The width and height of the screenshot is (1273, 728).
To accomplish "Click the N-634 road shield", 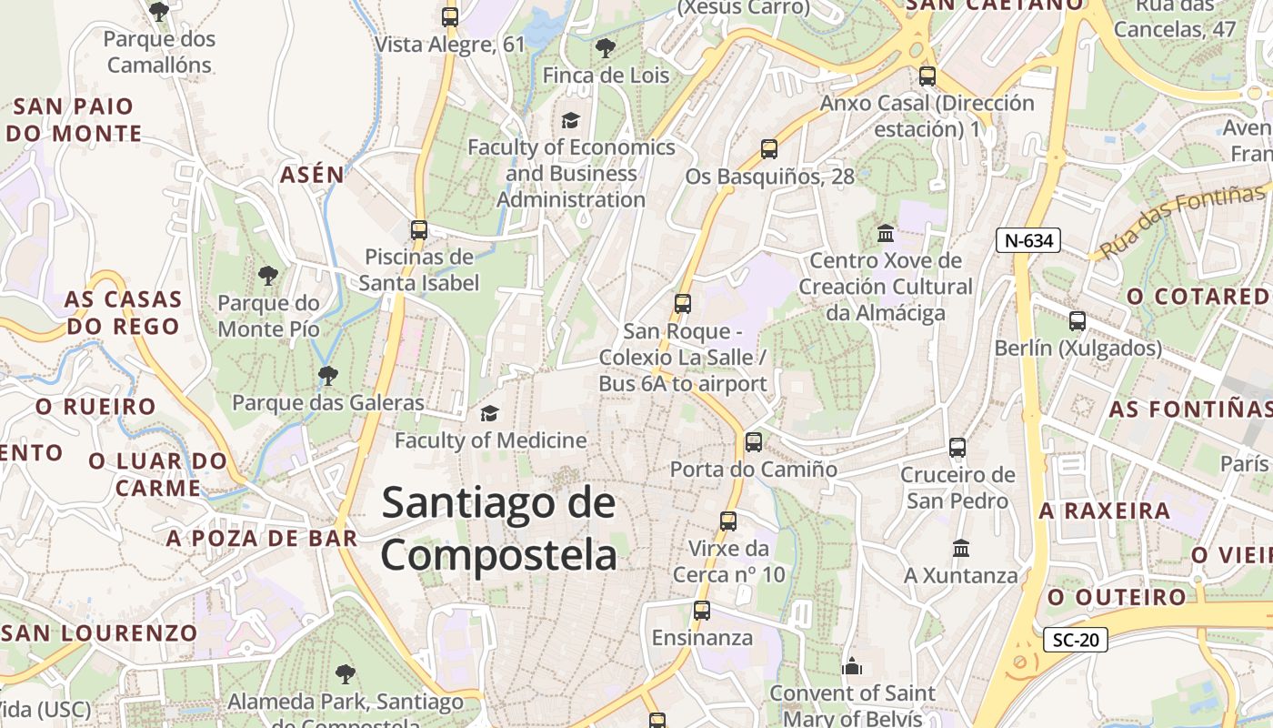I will click(x=1028, y=240).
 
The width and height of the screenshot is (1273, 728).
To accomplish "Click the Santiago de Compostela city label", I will click(x=498, y=529).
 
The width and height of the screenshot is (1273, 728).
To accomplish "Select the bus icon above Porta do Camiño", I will click(x=753, y=442).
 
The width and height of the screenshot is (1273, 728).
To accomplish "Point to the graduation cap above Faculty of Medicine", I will click(x=489, y=414).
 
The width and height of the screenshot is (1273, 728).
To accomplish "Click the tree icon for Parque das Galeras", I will click(x=327, y=375).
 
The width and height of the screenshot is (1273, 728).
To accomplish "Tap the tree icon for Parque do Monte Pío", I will click(x=267, y=275).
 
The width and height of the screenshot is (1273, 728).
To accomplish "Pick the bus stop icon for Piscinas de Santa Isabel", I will click(x=418, y=230).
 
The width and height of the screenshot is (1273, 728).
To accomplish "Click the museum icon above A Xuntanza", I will click(x=960, y=549).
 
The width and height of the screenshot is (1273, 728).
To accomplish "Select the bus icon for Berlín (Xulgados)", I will click(x=1078, y=321).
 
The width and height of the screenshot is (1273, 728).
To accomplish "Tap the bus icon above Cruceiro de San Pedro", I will click(x=957, y=447).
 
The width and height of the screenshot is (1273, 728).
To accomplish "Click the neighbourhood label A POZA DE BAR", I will click(x=262, y=538).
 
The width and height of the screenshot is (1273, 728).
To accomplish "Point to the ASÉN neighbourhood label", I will click(x=312, y=175).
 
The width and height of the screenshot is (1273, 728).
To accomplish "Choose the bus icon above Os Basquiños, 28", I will click(x=769, y=149).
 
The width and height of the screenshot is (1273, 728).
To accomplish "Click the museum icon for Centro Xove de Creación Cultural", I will click(x=885, y=234).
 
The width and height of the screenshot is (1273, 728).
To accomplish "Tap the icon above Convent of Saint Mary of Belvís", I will click(x=851, y=666).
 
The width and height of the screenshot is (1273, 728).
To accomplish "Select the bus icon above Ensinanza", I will click(x=701, y=611).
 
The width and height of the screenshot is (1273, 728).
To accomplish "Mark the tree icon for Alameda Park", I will click(x=345, y=674).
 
